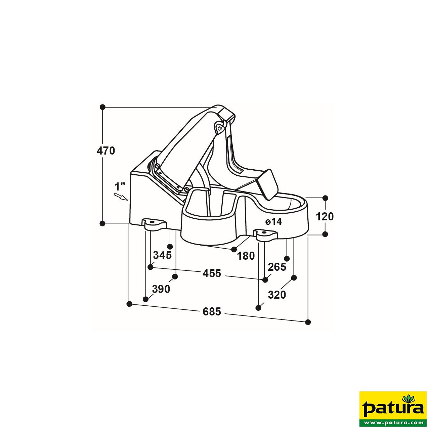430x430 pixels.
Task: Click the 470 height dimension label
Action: click(106, 151)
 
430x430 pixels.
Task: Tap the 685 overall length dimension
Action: click(212, 312)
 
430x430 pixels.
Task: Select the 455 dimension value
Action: click(212, 273)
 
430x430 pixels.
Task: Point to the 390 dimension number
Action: click(161, 289)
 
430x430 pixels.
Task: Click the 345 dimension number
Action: click(163, 255)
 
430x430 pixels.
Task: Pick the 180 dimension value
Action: click(246, 256)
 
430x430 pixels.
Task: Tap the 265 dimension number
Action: click(277, 267)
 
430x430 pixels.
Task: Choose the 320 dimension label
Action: click(277, 295)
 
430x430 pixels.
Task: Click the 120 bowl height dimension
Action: click(325, 216)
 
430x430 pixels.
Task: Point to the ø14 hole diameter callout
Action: click(273, 222)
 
